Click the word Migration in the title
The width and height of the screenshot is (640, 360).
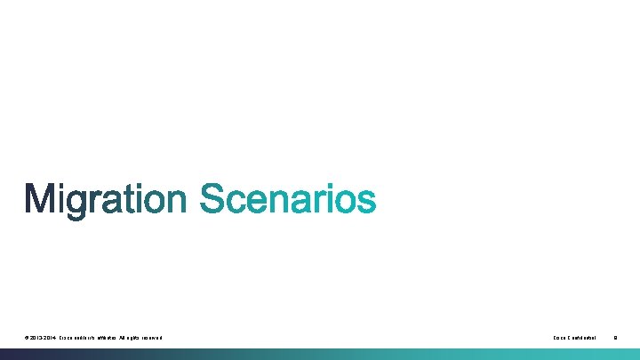(x=105, y=200)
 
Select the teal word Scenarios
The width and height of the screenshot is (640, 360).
(x=288, y=200)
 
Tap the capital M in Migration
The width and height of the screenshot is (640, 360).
(x=41, y=200)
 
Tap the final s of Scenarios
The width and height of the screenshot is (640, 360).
(x=367, y=204)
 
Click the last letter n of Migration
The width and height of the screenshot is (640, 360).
(x=175, y=204)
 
